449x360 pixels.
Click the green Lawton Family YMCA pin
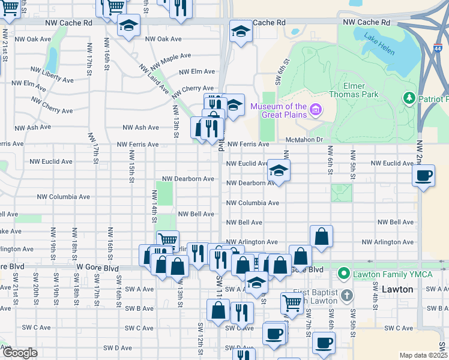coord(343,274)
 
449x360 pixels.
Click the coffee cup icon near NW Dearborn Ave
coord(424,176)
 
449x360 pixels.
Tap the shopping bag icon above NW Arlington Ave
coord(322,236)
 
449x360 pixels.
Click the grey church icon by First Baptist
coord(347,295)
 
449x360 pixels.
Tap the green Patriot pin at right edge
coord(409,97)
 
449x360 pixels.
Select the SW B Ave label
coord(139,308)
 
